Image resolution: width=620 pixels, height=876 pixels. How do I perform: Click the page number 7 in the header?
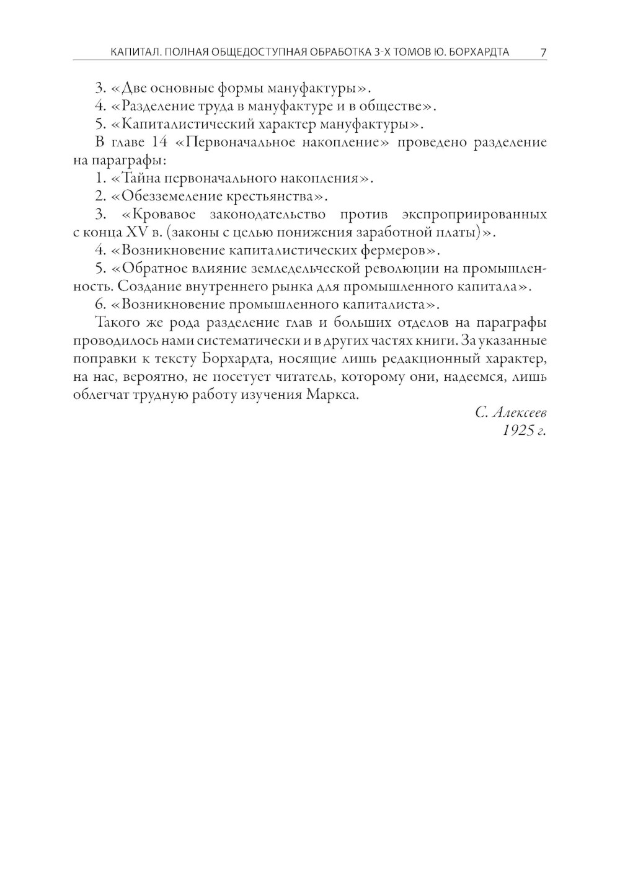[543, 52]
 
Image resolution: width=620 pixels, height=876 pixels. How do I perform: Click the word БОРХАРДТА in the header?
[478, 52]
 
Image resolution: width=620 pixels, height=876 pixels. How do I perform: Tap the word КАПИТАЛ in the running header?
[132, 52]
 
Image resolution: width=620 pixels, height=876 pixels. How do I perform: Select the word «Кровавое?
[159, 215]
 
